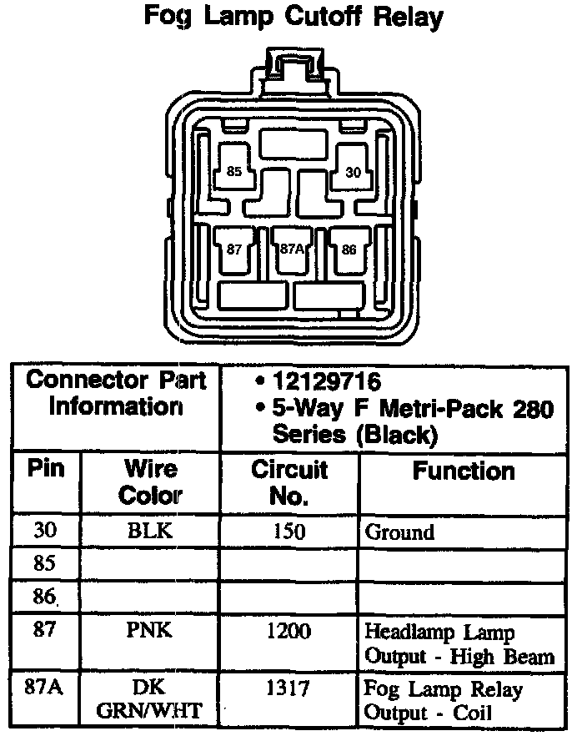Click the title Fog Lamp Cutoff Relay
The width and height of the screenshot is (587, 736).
293,17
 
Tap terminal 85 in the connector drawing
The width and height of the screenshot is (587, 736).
234,172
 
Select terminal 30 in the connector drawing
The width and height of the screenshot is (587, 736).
354,173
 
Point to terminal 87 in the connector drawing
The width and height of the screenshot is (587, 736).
234,249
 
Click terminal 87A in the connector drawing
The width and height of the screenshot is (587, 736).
292,249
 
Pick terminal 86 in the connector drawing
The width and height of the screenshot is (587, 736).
349,249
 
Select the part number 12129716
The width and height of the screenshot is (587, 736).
325,383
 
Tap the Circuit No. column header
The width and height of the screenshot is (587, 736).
289,482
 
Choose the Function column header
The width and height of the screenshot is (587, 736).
464,471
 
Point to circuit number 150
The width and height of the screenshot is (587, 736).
289,532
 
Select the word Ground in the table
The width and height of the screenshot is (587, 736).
400,532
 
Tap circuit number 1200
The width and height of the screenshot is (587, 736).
288,630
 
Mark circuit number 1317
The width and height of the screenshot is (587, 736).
288,688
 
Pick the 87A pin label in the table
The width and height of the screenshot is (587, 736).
45,688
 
